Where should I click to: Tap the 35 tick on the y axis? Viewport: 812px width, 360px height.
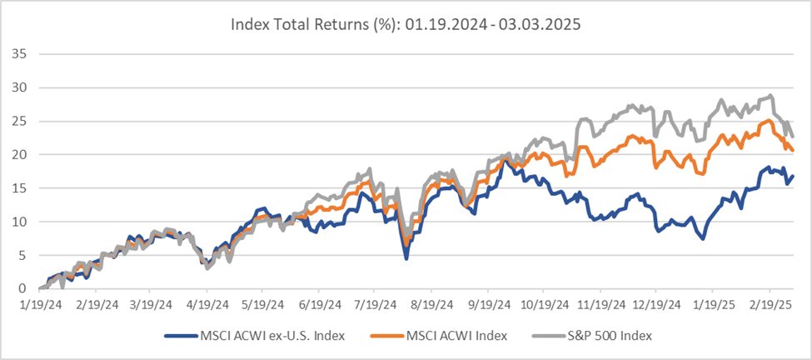pos(20,54)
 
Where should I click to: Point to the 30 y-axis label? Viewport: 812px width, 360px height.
pos(20,87)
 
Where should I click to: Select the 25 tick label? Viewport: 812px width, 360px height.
pos(20,121)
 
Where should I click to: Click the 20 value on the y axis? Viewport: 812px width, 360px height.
pos(20,154)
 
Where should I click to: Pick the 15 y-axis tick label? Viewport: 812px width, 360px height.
pos(20,188)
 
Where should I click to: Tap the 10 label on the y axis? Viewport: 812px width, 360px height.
pos(20,222)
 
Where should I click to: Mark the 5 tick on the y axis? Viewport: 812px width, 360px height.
pos(23,255)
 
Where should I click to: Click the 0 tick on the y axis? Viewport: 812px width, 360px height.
pos(23,288)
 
